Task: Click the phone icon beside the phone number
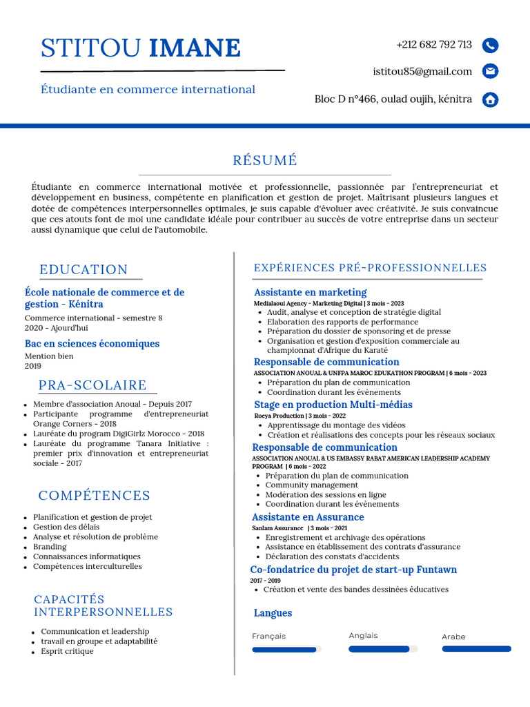[x=490, y=46]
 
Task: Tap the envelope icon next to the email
[x=490, y=71]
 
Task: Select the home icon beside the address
[x=490, y=99]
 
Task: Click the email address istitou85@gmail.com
[x=422, y=71]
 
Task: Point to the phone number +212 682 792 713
[x=434, y=45]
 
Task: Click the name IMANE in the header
[x=195, y=48]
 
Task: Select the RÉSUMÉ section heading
[x=265, y=160]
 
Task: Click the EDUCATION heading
[x=84, y=269]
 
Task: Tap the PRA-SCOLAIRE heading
[x=92, y=385]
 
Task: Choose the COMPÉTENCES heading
[x=95, y=495]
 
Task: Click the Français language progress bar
[x=286, y=649]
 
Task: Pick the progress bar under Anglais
[x=383, y=649]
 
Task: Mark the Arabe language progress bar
[x=476, y=649]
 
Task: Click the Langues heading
[x=273, y=613]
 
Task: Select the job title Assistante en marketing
[x=310, y=292]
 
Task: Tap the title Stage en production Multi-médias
[x=333, y=405]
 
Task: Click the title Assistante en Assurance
[x=308, y=517]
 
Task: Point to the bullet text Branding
[x=50, y=546]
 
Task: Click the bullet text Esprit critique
[x=67, y=651]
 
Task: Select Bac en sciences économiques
[x=92, y=344]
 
